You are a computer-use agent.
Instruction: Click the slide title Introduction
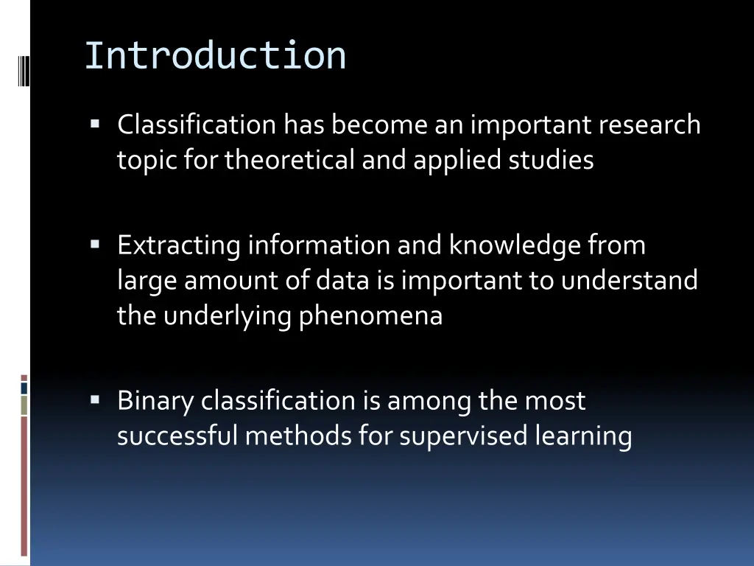[215, 56]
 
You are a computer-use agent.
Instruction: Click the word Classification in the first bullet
[196, 125]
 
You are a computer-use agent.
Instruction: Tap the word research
[649, 125]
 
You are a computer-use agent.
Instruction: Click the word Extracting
[178, 245]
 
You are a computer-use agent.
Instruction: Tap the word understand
[629, 280]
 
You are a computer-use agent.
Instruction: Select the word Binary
[155, 401]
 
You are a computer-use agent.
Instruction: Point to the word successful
[177, 436]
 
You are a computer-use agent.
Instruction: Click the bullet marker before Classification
[95, 123]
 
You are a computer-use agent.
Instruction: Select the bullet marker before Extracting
[95, 243]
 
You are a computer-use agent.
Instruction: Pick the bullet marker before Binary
[95, 399]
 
